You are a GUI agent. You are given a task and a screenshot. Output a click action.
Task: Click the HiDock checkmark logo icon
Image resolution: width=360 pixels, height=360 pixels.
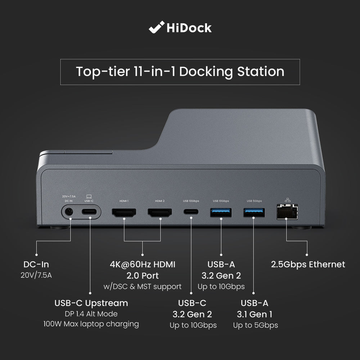[x=156, y=28]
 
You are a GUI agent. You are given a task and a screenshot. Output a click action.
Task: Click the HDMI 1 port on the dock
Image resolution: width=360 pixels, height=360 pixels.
[x=124, y=212]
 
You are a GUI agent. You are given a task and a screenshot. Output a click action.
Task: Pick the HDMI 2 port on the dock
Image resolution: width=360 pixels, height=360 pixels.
[x=159, y=212]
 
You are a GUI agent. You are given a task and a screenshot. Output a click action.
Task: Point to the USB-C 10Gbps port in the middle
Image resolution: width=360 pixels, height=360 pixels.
[x=191, y=212]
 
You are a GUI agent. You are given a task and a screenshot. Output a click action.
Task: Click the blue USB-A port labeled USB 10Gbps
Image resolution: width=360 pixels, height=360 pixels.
[x=221, y=212]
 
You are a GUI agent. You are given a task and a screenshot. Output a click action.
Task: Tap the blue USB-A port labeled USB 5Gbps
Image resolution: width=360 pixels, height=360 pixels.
[x=254, y=212]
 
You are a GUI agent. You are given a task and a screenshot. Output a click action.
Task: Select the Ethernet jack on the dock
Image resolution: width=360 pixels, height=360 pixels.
[x=287, y=212]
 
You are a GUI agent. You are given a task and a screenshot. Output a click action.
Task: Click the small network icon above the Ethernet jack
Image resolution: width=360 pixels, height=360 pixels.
[x=287, y=199]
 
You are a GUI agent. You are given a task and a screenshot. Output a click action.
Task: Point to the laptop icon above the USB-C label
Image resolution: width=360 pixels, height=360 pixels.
[x=89, y=197]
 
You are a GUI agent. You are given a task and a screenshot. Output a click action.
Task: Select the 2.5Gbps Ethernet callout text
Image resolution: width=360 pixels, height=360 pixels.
[x=308, y=265]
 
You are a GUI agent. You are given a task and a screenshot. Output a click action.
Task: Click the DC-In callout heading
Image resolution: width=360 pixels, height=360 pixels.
[x=36, y=265]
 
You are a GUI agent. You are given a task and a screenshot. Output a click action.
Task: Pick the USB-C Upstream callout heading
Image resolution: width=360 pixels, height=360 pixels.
[x=91, y=303]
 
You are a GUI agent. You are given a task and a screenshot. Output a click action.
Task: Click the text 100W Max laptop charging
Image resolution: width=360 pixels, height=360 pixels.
[x=91, y=324]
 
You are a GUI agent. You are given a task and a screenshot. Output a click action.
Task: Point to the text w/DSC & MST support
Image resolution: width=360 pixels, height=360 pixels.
[x=142, y=287]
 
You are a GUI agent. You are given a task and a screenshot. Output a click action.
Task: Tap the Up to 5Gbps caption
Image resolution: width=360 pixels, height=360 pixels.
[x=255, y=325]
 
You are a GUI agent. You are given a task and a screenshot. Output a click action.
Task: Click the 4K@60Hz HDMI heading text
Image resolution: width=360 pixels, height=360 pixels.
[x=142, y=265]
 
